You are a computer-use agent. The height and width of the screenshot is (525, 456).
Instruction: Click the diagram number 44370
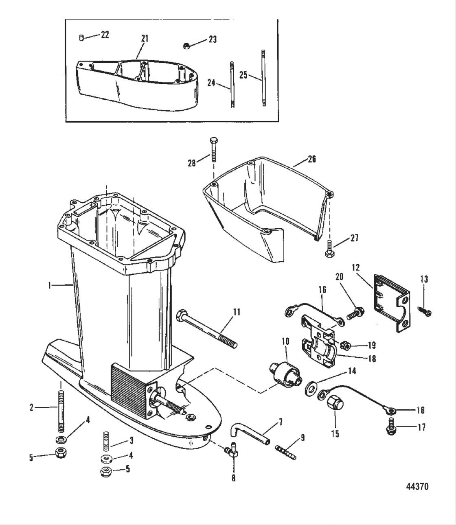coord(417,486)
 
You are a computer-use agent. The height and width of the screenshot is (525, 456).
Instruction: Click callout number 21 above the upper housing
coord(145,39)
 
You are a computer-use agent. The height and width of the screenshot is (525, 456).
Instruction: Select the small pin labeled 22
coord(81,38)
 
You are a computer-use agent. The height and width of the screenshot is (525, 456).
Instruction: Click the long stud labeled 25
coord(263,78)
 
